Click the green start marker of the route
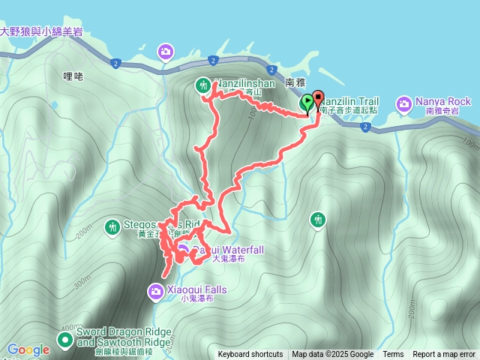tap(307, 103)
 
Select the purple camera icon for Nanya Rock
tap(405, 102)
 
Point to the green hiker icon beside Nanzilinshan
tap(203, 85)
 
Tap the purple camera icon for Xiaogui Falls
tap(155, 290)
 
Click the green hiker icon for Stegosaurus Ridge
tap(112, 225)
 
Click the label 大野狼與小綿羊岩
tap(41, 31)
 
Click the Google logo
tap(28, 349)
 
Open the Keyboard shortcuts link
tap(250, 355)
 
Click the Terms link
tap(393, 355)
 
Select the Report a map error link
tap(444, 355)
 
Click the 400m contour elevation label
tap(67, 328)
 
